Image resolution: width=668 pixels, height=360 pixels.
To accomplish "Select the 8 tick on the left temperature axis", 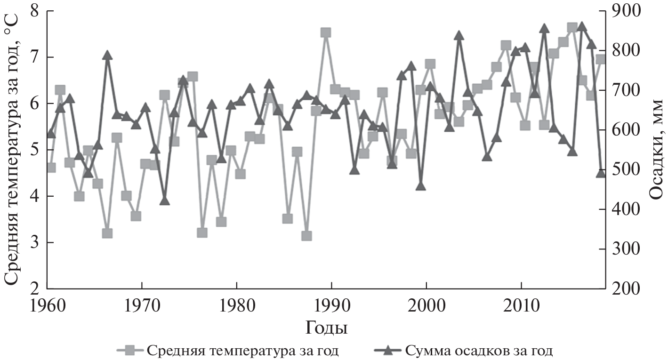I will (36, 11).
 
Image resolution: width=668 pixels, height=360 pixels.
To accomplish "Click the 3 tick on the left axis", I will (36, 243).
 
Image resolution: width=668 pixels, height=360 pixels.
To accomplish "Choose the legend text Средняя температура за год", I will (243, 351).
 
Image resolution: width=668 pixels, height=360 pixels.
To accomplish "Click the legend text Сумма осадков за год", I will (478, 351).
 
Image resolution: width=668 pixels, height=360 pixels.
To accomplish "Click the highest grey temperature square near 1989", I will (325, 32).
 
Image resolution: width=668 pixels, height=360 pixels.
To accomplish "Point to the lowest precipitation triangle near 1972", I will (164, 200).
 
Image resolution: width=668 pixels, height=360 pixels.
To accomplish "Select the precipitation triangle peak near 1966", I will (107, 56).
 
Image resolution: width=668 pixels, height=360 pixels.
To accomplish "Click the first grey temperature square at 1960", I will (51, 168).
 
